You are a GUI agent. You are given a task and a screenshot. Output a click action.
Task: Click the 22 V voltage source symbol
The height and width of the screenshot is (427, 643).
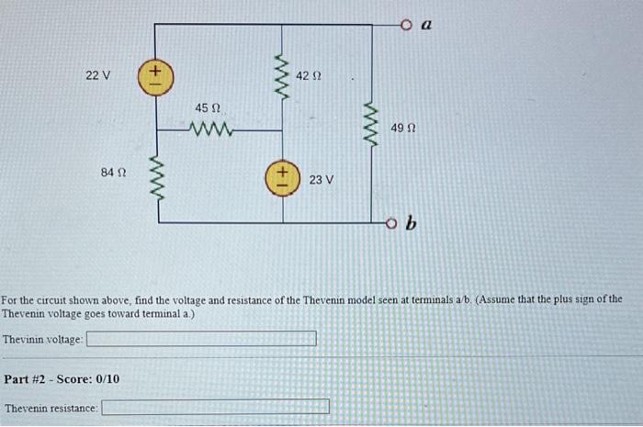tap(154, 75)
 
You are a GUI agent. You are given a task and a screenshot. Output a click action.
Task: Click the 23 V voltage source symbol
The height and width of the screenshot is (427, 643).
tap(282, 178)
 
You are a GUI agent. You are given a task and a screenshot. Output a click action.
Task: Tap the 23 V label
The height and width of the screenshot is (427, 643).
tap(321, 180)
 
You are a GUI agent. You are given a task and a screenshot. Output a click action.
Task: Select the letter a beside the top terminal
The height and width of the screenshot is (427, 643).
tap(425, 27)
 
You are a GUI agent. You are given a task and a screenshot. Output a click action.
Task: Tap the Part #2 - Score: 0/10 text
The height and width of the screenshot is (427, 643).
tap(62, 378)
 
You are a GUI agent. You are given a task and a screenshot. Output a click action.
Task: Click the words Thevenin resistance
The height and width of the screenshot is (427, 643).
tap(51, 407)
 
